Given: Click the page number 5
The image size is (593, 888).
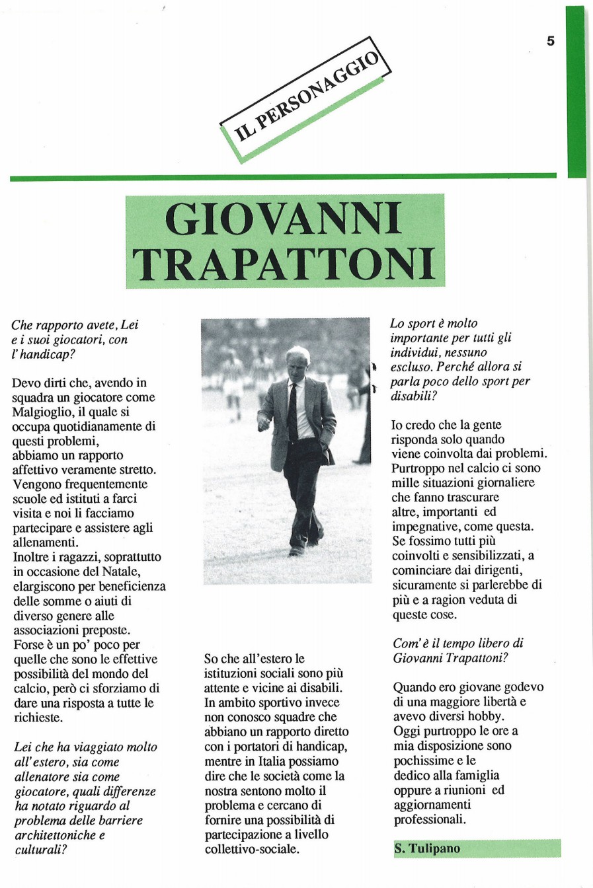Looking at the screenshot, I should [x=551, y=41].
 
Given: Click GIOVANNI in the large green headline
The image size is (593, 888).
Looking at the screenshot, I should [x=284, y=219].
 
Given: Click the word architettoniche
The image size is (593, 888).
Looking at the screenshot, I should [x=51, y=834].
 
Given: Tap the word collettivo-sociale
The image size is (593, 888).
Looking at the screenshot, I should [x=251, y=849].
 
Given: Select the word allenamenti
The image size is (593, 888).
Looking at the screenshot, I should [x=46, y=542].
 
